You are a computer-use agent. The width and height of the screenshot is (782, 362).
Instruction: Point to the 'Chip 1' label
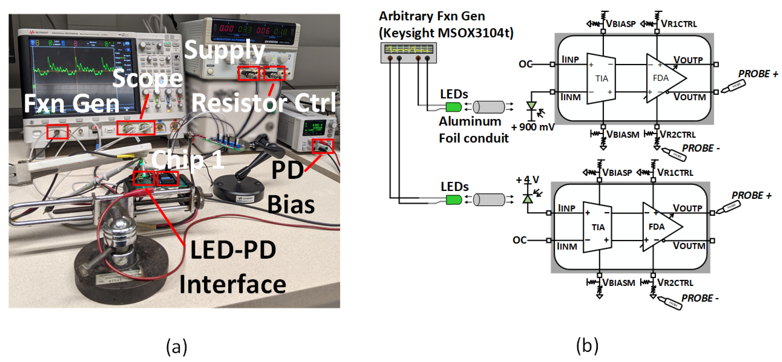187,160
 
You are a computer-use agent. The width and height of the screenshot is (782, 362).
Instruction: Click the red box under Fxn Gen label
57,132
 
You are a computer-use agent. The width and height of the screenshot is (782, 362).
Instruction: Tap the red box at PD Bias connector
323,146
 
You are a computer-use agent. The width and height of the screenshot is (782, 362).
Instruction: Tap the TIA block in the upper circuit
601,78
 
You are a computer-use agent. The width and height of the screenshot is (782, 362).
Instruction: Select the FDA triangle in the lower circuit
659,227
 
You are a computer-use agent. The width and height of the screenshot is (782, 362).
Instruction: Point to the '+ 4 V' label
528,180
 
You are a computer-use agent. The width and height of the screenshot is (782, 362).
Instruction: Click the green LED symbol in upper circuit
453,107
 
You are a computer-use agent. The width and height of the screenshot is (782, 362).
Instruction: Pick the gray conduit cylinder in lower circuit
489,200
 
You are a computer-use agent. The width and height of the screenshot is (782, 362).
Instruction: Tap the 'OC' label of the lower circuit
519,240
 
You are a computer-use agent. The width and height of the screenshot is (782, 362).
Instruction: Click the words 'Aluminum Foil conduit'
473,130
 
